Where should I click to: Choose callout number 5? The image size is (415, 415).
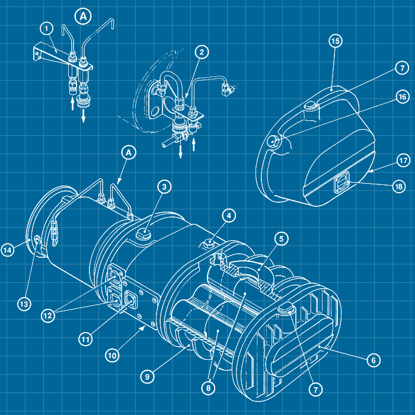tap(282, 238)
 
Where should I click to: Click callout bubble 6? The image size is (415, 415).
tap(372, 360)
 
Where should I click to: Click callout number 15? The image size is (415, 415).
tap(336, 41)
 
